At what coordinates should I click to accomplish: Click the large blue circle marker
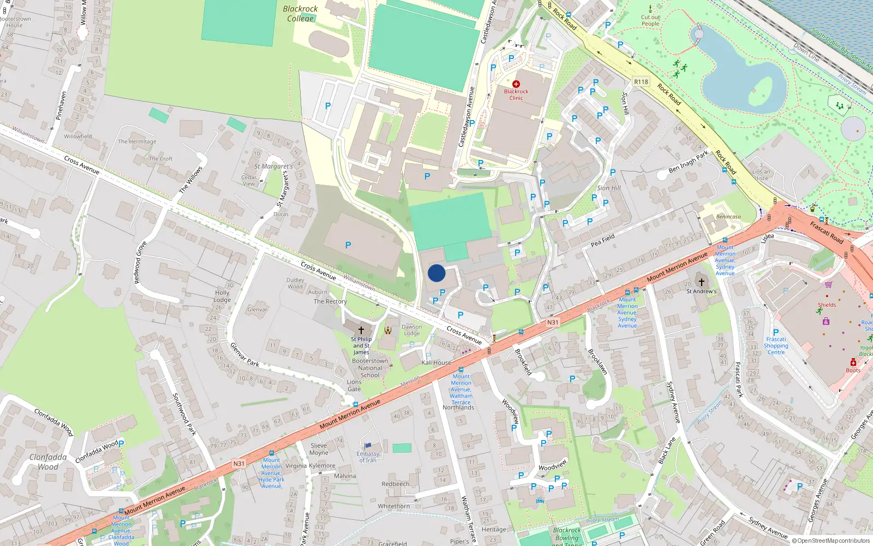(436, 273)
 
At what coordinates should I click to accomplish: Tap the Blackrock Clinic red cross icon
(516, 84)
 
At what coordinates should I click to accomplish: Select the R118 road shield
(641, 82)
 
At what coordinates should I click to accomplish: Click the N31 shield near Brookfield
(553, 323)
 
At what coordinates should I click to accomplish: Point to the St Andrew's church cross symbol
(701, 282)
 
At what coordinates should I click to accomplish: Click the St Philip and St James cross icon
(361, 330)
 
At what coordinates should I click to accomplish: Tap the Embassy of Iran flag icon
(368, 446)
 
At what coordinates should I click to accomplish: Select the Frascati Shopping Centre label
(776, 346)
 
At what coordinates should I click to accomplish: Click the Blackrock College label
(300, 14)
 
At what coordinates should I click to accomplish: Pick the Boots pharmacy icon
(853, 363)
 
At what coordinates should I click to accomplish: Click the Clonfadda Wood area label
(48, 462)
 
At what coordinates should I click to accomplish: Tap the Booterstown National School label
(370, 368)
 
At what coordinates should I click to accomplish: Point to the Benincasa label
(728, 217)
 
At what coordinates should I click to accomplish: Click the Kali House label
(436, 363)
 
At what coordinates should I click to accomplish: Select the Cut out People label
(650, 20)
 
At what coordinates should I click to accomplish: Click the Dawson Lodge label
(411, 330)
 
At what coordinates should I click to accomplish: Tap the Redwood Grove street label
(140, 262)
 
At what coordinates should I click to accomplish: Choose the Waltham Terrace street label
(468, 519)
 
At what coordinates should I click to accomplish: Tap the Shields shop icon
(829, 285)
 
